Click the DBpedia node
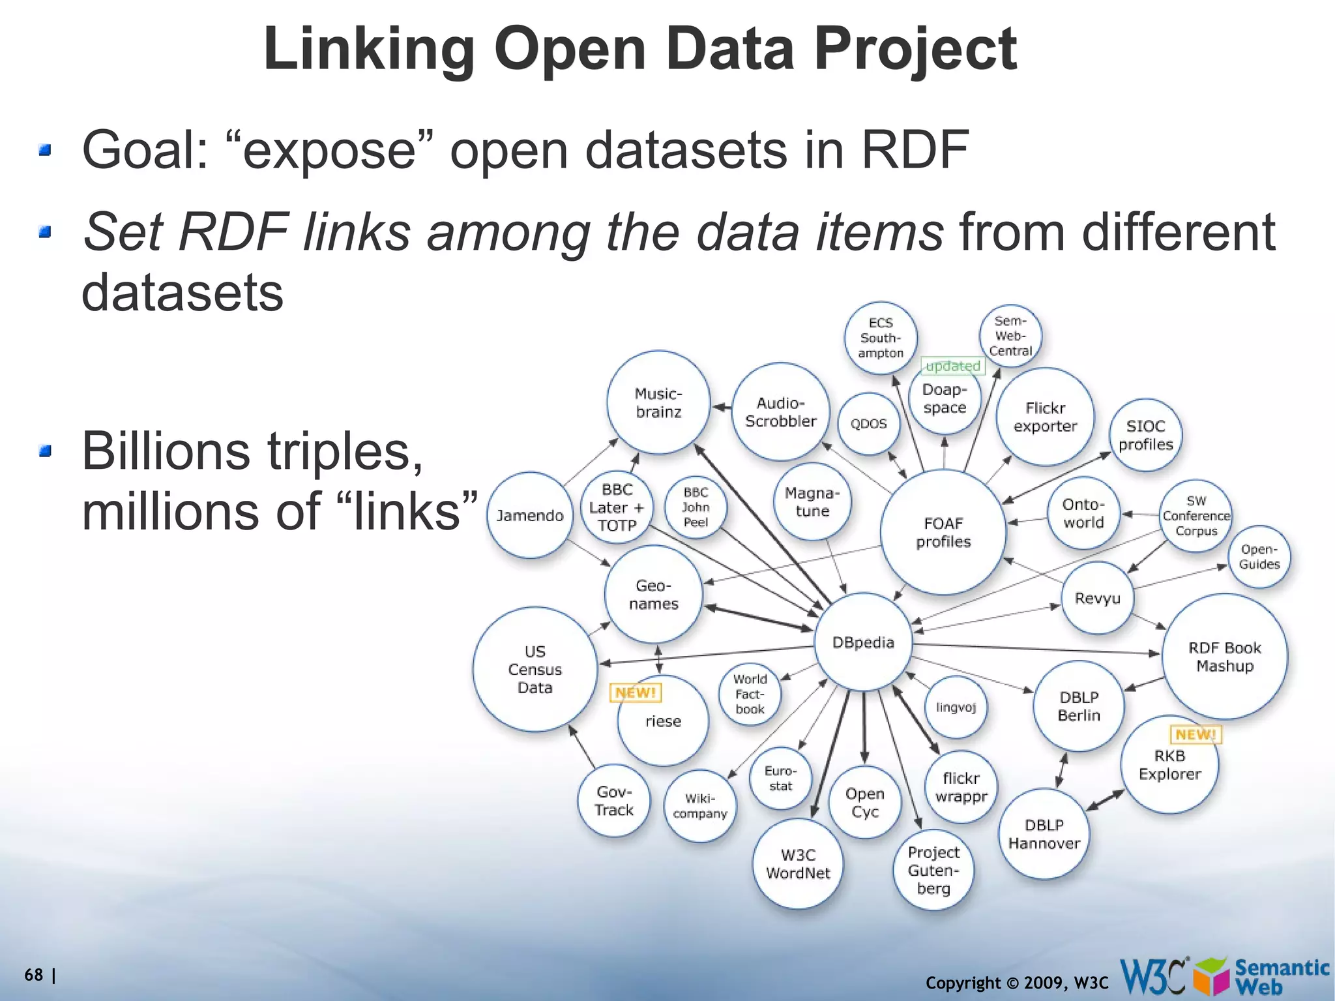click(x=863, y=642)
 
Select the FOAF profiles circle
click(x=943, y=532)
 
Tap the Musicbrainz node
click(x=658, y=402)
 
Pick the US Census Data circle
click(x=535, y=669)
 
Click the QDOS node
click(x=868, y=424)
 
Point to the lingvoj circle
click(x=956, y=708)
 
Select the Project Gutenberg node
click(x=933, y=870)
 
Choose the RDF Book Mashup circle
click(x=1224, y=657)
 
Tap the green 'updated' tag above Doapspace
click(x=953, y=366)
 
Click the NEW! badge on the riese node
click(x=636, y=693)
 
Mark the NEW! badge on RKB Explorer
click(x=1196, y=734)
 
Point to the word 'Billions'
click(x=166, y=451)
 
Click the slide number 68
click(x=34, y=975)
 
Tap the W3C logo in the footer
click(x=1152, y=976)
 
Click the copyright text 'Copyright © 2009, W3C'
click(x=1016, y=983)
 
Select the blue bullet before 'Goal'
click(x=44, y=151)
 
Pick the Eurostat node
click(x=780, y=778)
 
